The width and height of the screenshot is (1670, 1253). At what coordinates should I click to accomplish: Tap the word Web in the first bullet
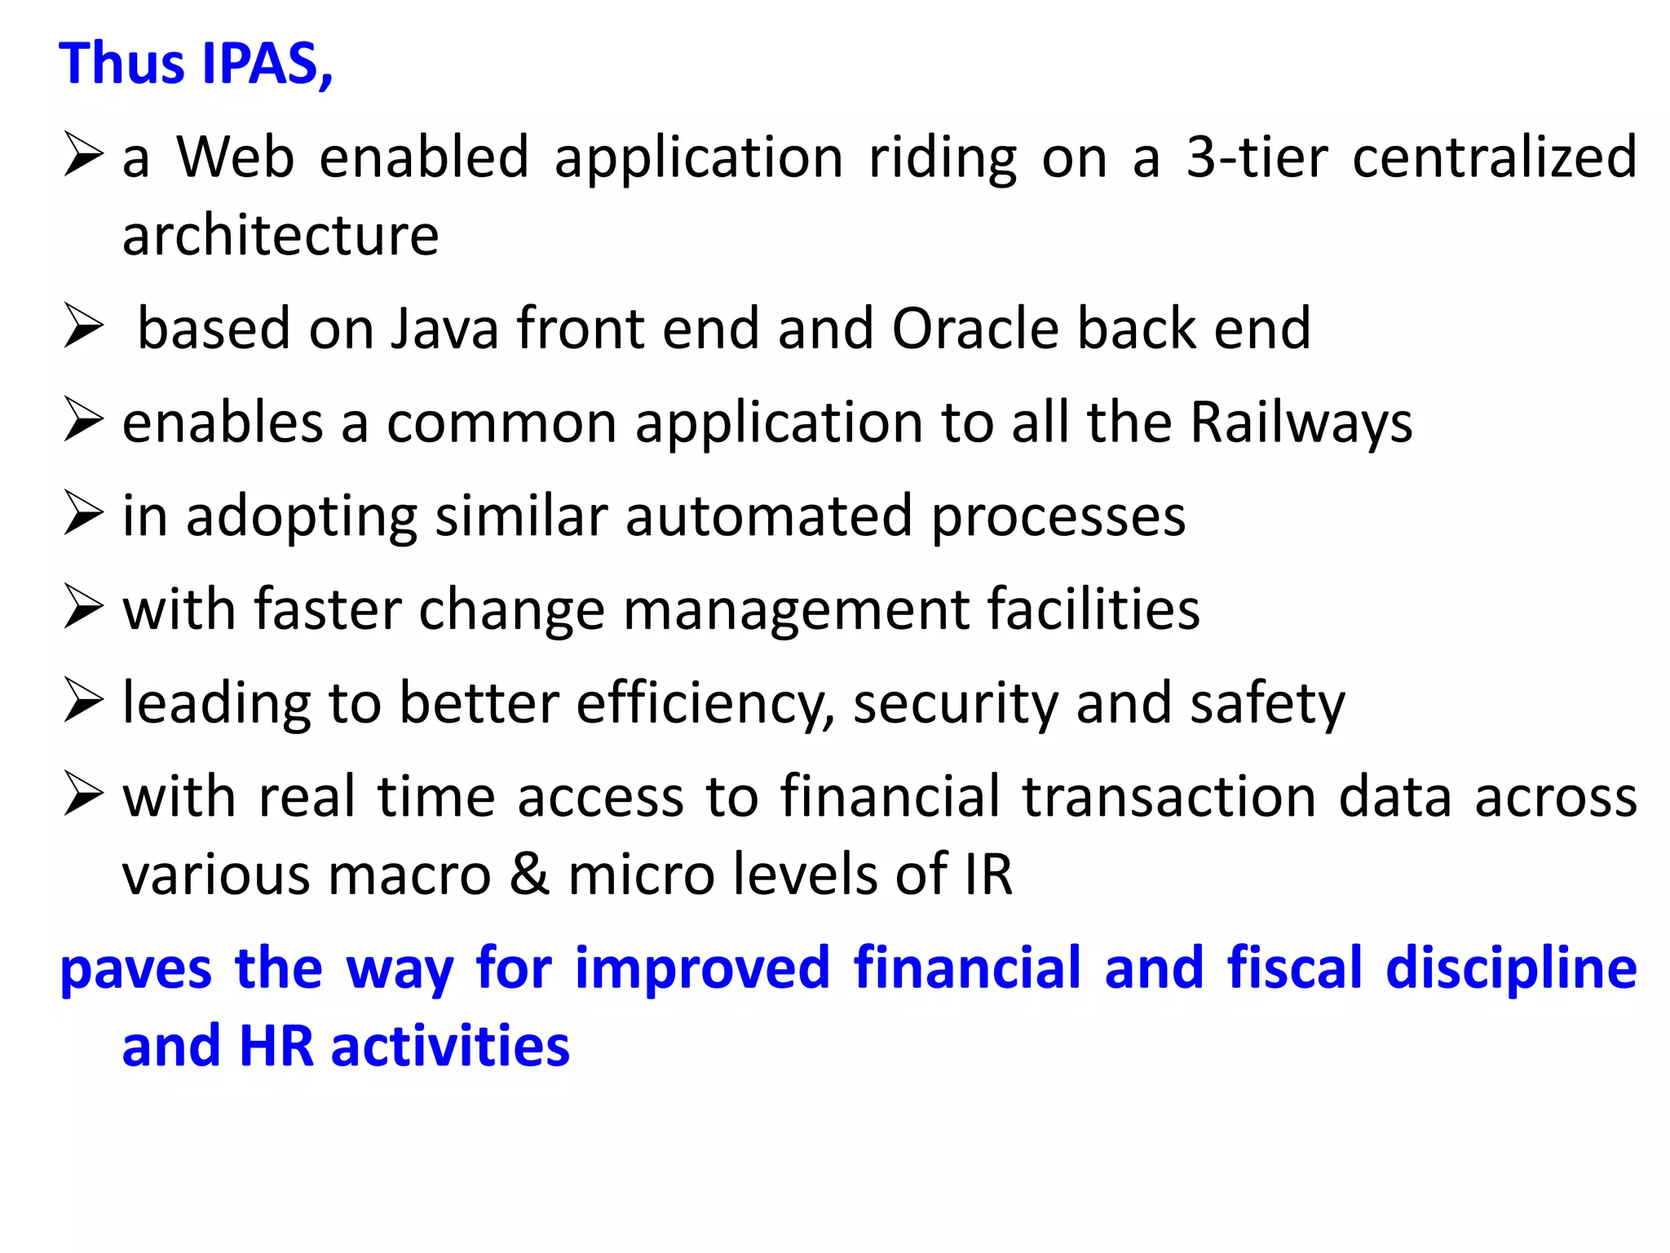(x=236, y=157)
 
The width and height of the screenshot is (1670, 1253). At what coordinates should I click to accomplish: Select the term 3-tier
(x=1257, y=157)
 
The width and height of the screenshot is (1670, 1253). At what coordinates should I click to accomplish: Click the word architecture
(x=281, y=235)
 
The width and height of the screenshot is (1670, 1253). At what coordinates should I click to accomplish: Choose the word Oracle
(x=974, y=328)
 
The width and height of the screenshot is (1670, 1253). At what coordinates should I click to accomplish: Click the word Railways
(x=1301, y=423)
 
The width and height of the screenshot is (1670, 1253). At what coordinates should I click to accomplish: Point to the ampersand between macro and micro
(x=530, y=874)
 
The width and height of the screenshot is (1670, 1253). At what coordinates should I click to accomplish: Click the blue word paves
(x=136, y=968)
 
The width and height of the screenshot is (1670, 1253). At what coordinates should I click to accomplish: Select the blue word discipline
(x=1511, y=968)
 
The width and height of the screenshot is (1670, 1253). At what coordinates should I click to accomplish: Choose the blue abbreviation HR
(x=276, y=1046)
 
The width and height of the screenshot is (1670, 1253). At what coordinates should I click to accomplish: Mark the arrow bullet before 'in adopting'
(x=84, y=515)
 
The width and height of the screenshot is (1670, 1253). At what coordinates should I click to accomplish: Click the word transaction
(x=1169, y=796)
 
